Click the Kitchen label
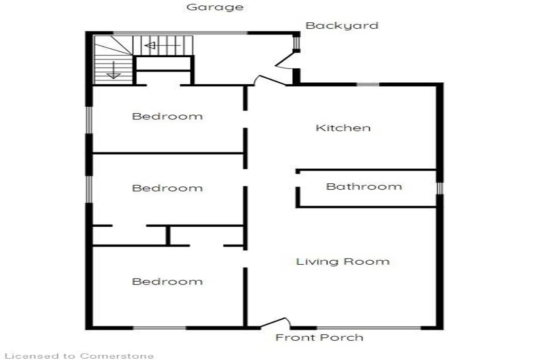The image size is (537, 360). (x=343, y=128)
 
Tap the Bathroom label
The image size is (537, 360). (x=364, y=186)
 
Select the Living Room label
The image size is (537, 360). (x=343, y=262)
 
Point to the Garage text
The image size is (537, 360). (x=215, y=7)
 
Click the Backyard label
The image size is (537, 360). (x=342, y=26)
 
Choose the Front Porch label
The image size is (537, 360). (x=320, y=338)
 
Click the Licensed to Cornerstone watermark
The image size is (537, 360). (x=79, y=356)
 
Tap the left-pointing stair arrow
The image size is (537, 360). (x=163, y=45)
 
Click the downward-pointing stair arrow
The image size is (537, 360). (x=114, y=70)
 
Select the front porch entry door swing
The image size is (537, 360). (x=276, y=323)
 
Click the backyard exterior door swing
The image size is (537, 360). (x=286, y=60)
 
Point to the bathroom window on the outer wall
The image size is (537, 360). (x=439, y=188)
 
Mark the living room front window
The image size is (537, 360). (x=369, y=328)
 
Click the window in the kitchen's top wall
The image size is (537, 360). (x=368, y=85)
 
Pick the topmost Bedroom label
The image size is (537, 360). (x=167, y=116)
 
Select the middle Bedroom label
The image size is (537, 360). (x=167, y=188)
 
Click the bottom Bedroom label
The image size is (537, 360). (x=167, y=281)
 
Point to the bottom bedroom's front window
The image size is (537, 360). (x=159, y=328)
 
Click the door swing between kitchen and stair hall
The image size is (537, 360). (x=270, y=80)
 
